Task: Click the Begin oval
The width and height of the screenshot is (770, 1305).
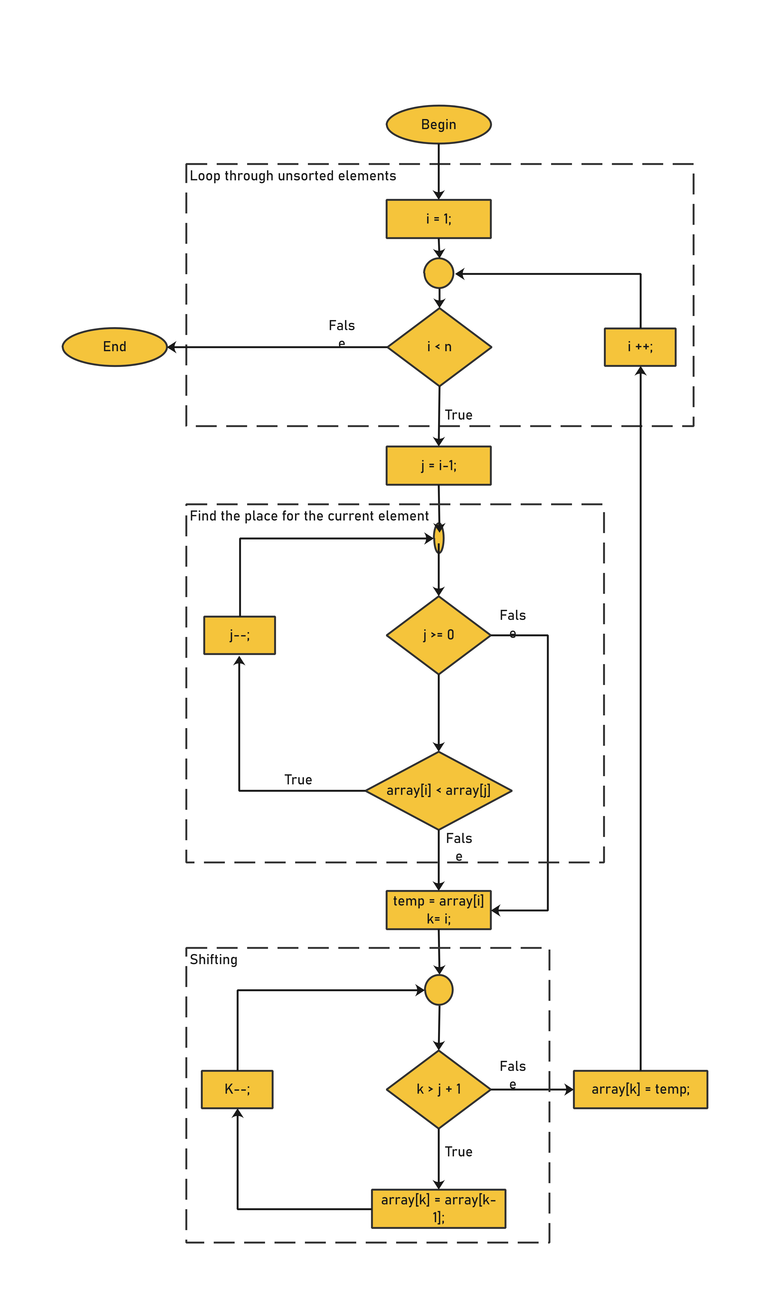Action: tap(438, 124)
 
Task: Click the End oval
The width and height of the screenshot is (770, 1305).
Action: tap(115, 347)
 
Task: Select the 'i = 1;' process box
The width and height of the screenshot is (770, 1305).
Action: tap(438, 219)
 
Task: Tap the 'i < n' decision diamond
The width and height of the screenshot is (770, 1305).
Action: tap(440, 347)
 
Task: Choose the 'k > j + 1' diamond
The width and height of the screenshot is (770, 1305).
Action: tap(438, 1089)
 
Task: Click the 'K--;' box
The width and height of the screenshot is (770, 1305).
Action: tap(237, 1089)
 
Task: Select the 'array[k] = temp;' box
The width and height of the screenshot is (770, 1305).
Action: tap(640, 1089)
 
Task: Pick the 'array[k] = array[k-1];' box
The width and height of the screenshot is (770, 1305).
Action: tap(438, 1208)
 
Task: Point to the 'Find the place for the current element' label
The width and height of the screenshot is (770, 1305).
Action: tap(309, 516)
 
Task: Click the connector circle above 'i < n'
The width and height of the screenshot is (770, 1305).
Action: tap(438, 273)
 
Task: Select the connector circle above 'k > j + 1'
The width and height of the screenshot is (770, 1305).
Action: tap(438, 990)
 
